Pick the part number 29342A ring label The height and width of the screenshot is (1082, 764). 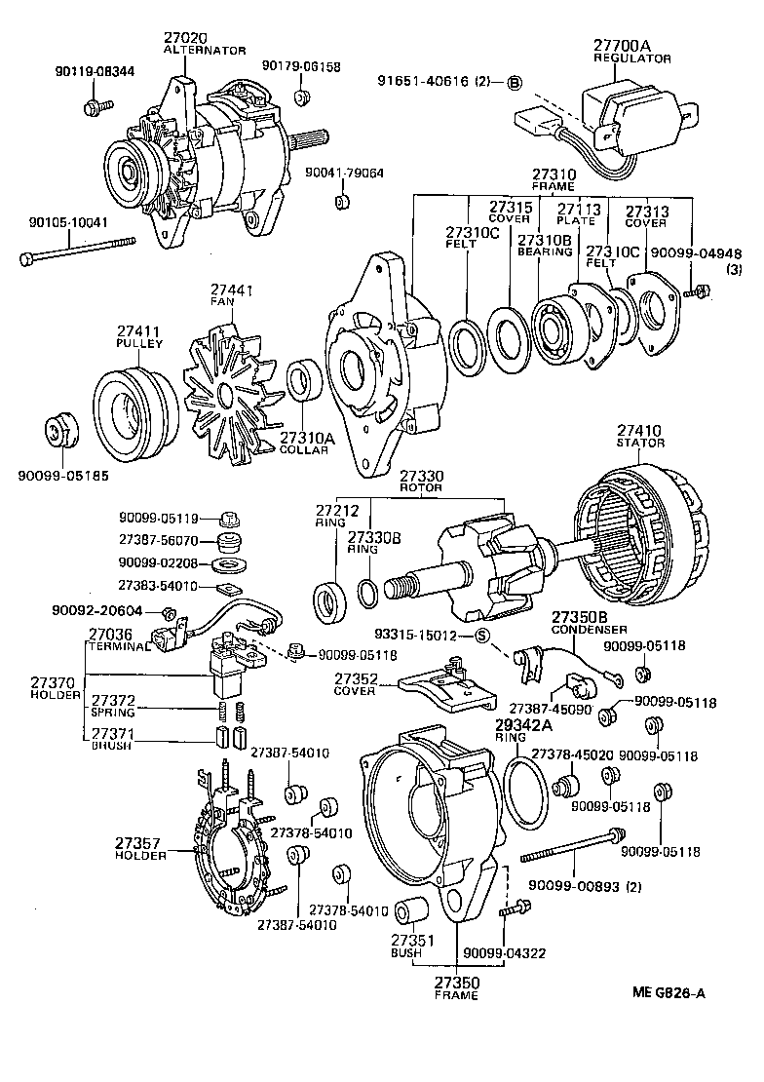523,724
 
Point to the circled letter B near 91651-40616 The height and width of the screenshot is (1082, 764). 515,82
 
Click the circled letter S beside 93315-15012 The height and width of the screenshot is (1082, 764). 480,637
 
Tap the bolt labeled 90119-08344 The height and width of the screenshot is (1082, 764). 94,105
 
